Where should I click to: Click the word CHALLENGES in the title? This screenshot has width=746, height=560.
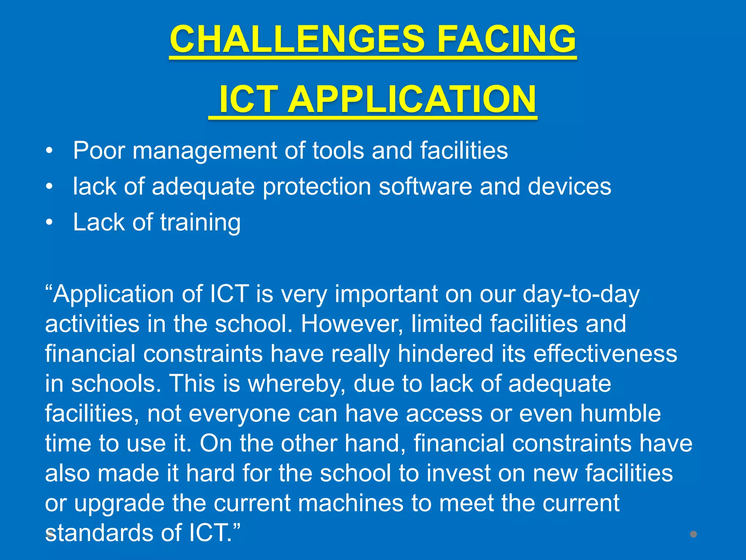(x=297, y=39)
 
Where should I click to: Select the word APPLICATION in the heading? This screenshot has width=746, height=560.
(x=412, y=99)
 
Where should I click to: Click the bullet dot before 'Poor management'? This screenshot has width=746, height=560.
(x=49, y=151)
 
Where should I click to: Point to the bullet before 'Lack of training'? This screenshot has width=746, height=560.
(x=49, y=222)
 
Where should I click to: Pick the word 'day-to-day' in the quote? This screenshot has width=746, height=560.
(x=581, y=294)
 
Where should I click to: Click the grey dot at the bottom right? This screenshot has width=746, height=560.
(x=693, y=534)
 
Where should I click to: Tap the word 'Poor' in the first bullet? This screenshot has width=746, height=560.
(x=99, y=151)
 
